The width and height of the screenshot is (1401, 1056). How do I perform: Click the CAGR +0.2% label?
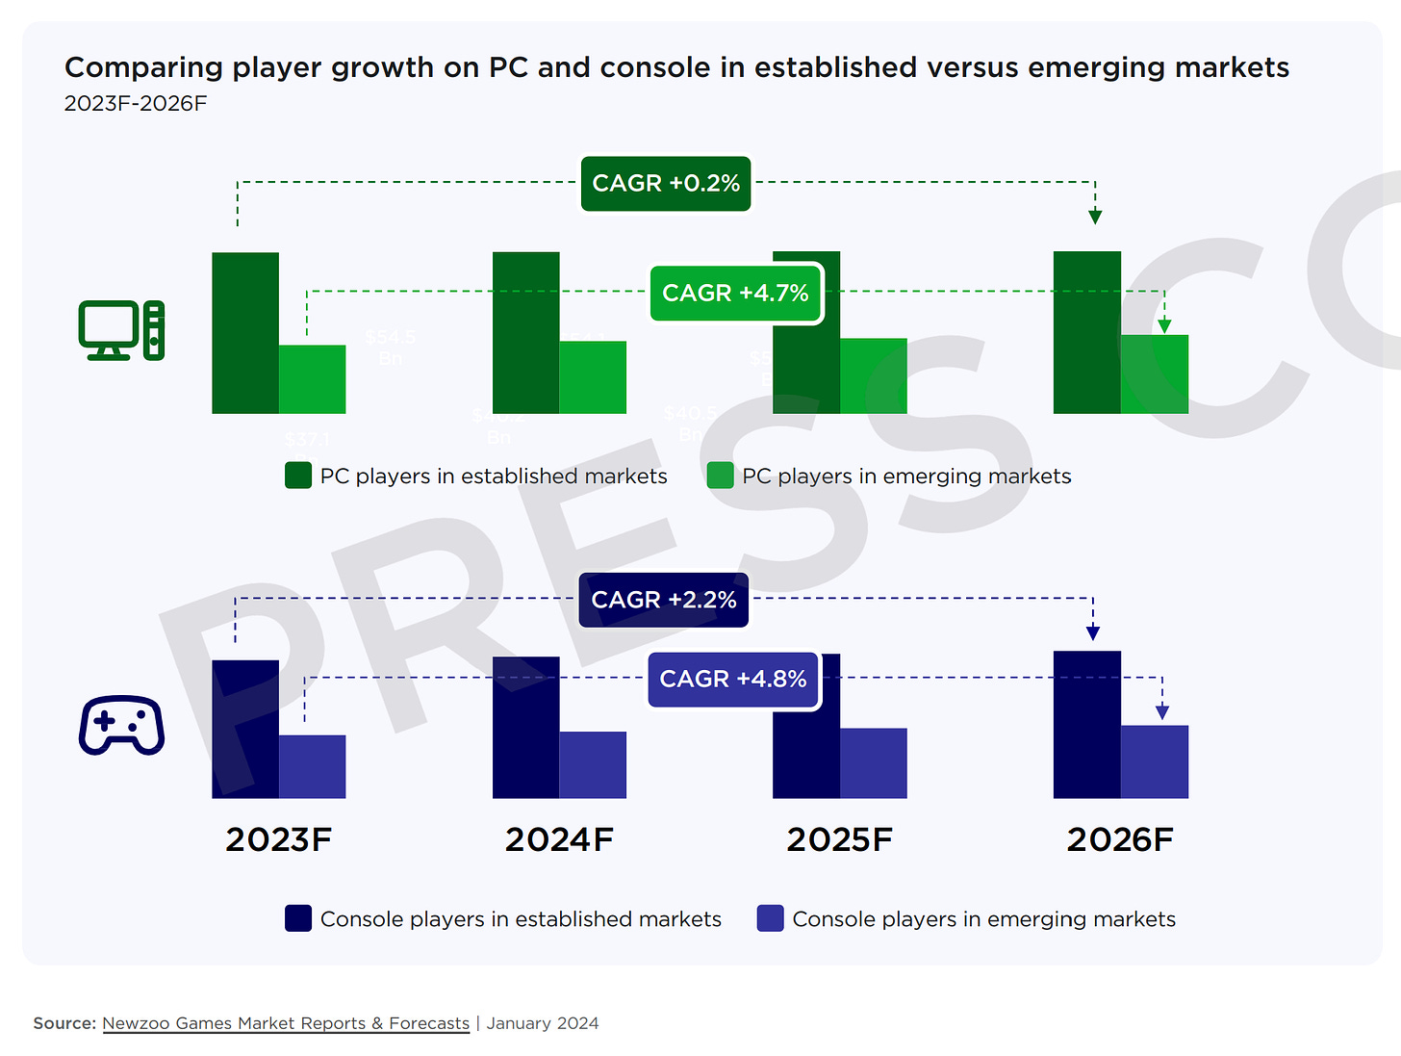[666, 183]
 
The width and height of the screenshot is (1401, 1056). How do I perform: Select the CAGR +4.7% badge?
[736, 293]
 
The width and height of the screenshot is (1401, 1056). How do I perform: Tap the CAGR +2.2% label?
[664, 600]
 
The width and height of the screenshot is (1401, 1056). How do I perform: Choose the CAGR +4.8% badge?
[733, 679]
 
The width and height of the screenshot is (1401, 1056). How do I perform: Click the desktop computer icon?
[121, 330]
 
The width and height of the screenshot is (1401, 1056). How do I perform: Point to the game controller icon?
[121, 725]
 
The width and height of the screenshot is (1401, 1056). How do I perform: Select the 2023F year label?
[278, 839]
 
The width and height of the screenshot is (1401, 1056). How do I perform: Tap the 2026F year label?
[1120, 839]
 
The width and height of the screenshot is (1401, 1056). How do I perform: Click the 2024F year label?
[559, 839]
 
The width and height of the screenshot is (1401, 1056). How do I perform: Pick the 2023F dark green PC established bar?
[245, 333]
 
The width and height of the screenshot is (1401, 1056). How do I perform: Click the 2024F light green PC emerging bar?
[593, 377]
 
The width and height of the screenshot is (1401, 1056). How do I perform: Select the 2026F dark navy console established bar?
[1087, 725]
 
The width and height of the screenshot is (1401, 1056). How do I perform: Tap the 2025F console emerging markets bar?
[874, 763]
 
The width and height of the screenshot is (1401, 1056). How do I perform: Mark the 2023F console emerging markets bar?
[313, 767]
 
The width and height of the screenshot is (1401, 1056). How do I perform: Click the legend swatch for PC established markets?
[298, 476]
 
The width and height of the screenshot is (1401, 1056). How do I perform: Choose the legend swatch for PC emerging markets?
[721, 476]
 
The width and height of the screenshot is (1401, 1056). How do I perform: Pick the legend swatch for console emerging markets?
[771, 918]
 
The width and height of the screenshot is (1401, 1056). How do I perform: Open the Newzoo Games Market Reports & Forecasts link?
[286, 1023]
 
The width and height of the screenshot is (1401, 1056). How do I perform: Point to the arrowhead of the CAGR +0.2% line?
[1095, 217]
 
